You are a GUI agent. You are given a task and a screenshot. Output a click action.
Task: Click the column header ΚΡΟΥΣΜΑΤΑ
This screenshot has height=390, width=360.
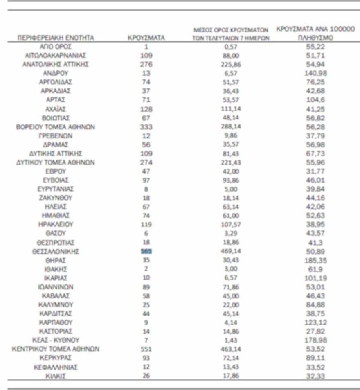coord(146,38)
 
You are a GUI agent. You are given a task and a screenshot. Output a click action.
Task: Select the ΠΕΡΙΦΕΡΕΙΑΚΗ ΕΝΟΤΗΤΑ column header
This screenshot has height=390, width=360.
coord(56,38)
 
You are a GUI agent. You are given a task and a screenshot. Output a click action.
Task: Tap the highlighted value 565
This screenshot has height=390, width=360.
coord(146,251)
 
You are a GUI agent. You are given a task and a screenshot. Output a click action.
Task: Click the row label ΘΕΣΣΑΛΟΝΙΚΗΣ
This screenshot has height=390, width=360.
coord(56,252)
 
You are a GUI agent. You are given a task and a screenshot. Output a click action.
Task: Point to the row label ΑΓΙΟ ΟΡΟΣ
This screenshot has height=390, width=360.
coord(56,47)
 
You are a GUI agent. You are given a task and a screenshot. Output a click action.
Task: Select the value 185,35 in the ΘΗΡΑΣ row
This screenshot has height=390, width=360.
coord(315,260)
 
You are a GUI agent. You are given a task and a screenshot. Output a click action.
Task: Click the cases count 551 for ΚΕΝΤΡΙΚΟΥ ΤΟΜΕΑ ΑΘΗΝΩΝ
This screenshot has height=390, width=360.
coord(146,349)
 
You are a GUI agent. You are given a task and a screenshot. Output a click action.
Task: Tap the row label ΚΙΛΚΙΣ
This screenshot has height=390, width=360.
coord(56,376)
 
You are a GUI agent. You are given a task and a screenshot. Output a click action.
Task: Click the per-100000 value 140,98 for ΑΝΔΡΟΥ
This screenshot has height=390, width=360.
coord(315,73)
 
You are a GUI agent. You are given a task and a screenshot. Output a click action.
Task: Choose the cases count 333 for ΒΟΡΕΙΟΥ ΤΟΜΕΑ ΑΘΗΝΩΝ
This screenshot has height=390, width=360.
coord(146,127)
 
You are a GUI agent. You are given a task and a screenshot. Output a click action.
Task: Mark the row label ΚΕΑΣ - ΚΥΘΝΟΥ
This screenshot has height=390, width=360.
coord(56,340)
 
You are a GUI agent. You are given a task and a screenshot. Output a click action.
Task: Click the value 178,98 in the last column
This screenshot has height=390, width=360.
coord(315,340)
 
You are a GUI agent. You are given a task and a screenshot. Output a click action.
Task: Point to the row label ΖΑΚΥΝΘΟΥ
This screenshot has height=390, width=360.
coord(56,198)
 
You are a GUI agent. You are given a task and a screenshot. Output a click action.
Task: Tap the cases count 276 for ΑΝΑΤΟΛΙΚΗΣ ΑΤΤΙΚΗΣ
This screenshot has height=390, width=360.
coord(146,64)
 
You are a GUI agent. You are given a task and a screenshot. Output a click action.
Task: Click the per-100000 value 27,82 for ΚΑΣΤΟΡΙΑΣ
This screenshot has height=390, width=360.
coord(315,331)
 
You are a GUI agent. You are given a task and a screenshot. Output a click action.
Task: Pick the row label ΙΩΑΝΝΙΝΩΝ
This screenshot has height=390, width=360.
coord(56,287)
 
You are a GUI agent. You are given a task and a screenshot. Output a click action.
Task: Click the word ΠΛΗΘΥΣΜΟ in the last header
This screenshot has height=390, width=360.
coord(315,38)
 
